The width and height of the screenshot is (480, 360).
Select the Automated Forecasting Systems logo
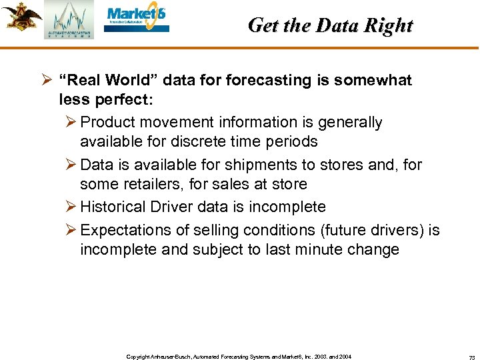click(69, 21)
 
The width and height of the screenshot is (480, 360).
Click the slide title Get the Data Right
click(330, 25)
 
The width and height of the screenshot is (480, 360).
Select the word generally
click(347, 123)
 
